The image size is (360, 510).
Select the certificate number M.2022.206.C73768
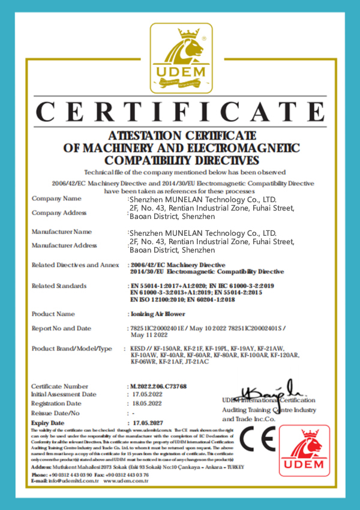(158, 386)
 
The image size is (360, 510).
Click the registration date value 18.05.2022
(147, 404)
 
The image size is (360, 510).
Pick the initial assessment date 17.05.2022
(147, 395)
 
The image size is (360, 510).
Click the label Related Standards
(59, 286)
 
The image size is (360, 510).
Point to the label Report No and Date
(61, 328)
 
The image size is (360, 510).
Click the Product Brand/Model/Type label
(71, 349)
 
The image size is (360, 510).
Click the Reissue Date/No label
(55, 413)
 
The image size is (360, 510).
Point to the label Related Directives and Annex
(75, 265)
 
